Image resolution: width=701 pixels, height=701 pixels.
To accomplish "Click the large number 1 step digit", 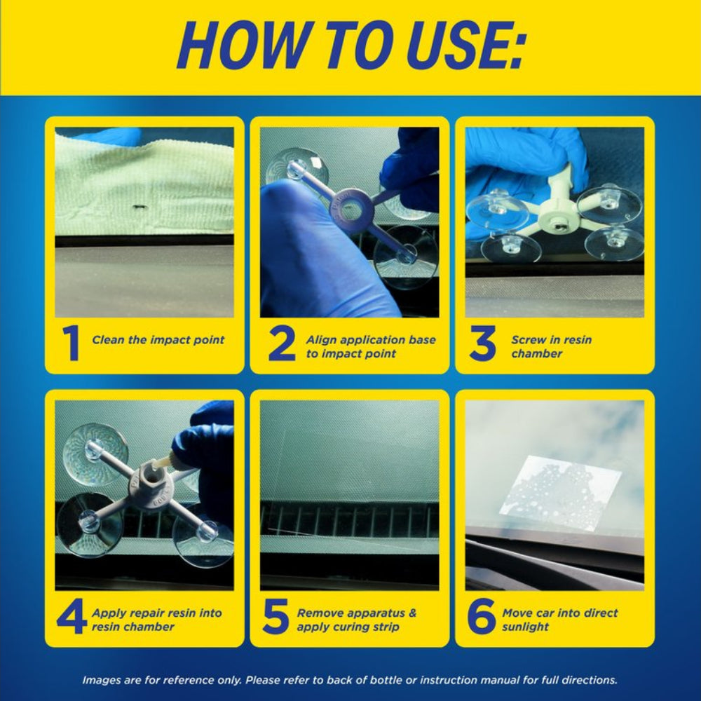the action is pyautogui.click(x=72, y=343).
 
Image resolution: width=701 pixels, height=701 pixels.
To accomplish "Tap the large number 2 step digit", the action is pyautogui.click(x=282, y=343).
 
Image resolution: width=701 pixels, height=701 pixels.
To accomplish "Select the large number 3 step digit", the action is pyautogui.click(x=483, y=343).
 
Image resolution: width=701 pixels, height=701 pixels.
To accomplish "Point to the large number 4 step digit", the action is pyautogui.click(x=72, y=616).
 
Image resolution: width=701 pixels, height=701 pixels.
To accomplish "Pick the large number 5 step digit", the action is pyautogui.click(x=275, y=616).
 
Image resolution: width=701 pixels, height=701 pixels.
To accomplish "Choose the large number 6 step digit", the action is pyautogui.click(x=481, y=616).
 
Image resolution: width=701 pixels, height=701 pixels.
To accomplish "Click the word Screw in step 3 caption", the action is pyautogui.click(x=529, y=340).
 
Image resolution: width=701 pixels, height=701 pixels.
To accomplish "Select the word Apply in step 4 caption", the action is pyautogui.click(x=106, y=614).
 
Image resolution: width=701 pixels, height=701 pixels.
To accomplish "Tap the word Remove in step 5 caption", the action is pyautogui.click(x=318, y=613).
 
